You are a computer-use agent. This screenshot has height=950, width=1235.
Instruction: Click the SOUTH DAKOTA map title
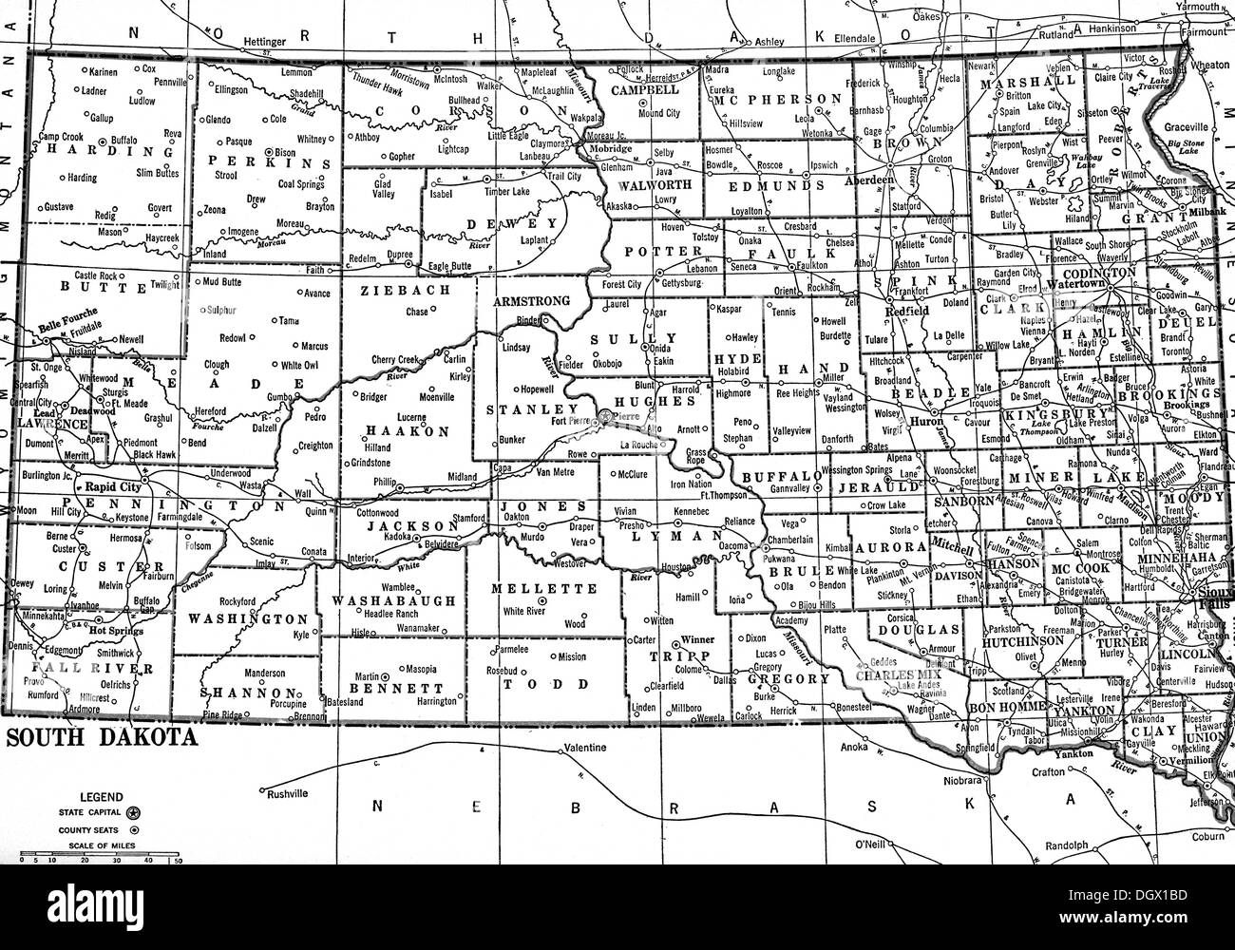click(x=102, y=738)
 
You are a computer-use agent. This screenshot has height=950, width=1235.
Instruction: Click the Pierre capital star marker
click(x=605, y=415)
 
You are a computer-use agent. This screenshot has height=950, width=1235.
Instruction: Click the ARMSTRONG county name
click(x=532, y=301)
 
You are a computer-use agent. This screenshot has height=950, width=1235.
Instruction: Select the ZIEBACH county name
click(x=392, y=292)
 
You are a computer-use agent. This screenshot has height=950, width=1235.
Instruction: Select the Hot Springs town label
click(x=108, y=628)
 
